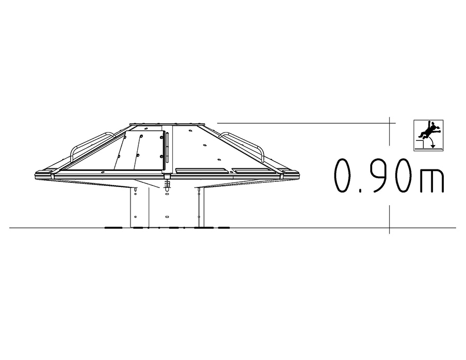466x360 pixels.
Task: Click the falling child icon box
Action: pos(428,135)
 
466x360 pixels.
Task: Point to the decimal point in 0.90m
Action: pos(360,190)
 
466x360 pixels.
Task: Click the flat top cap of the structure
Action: pos(167,124)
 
